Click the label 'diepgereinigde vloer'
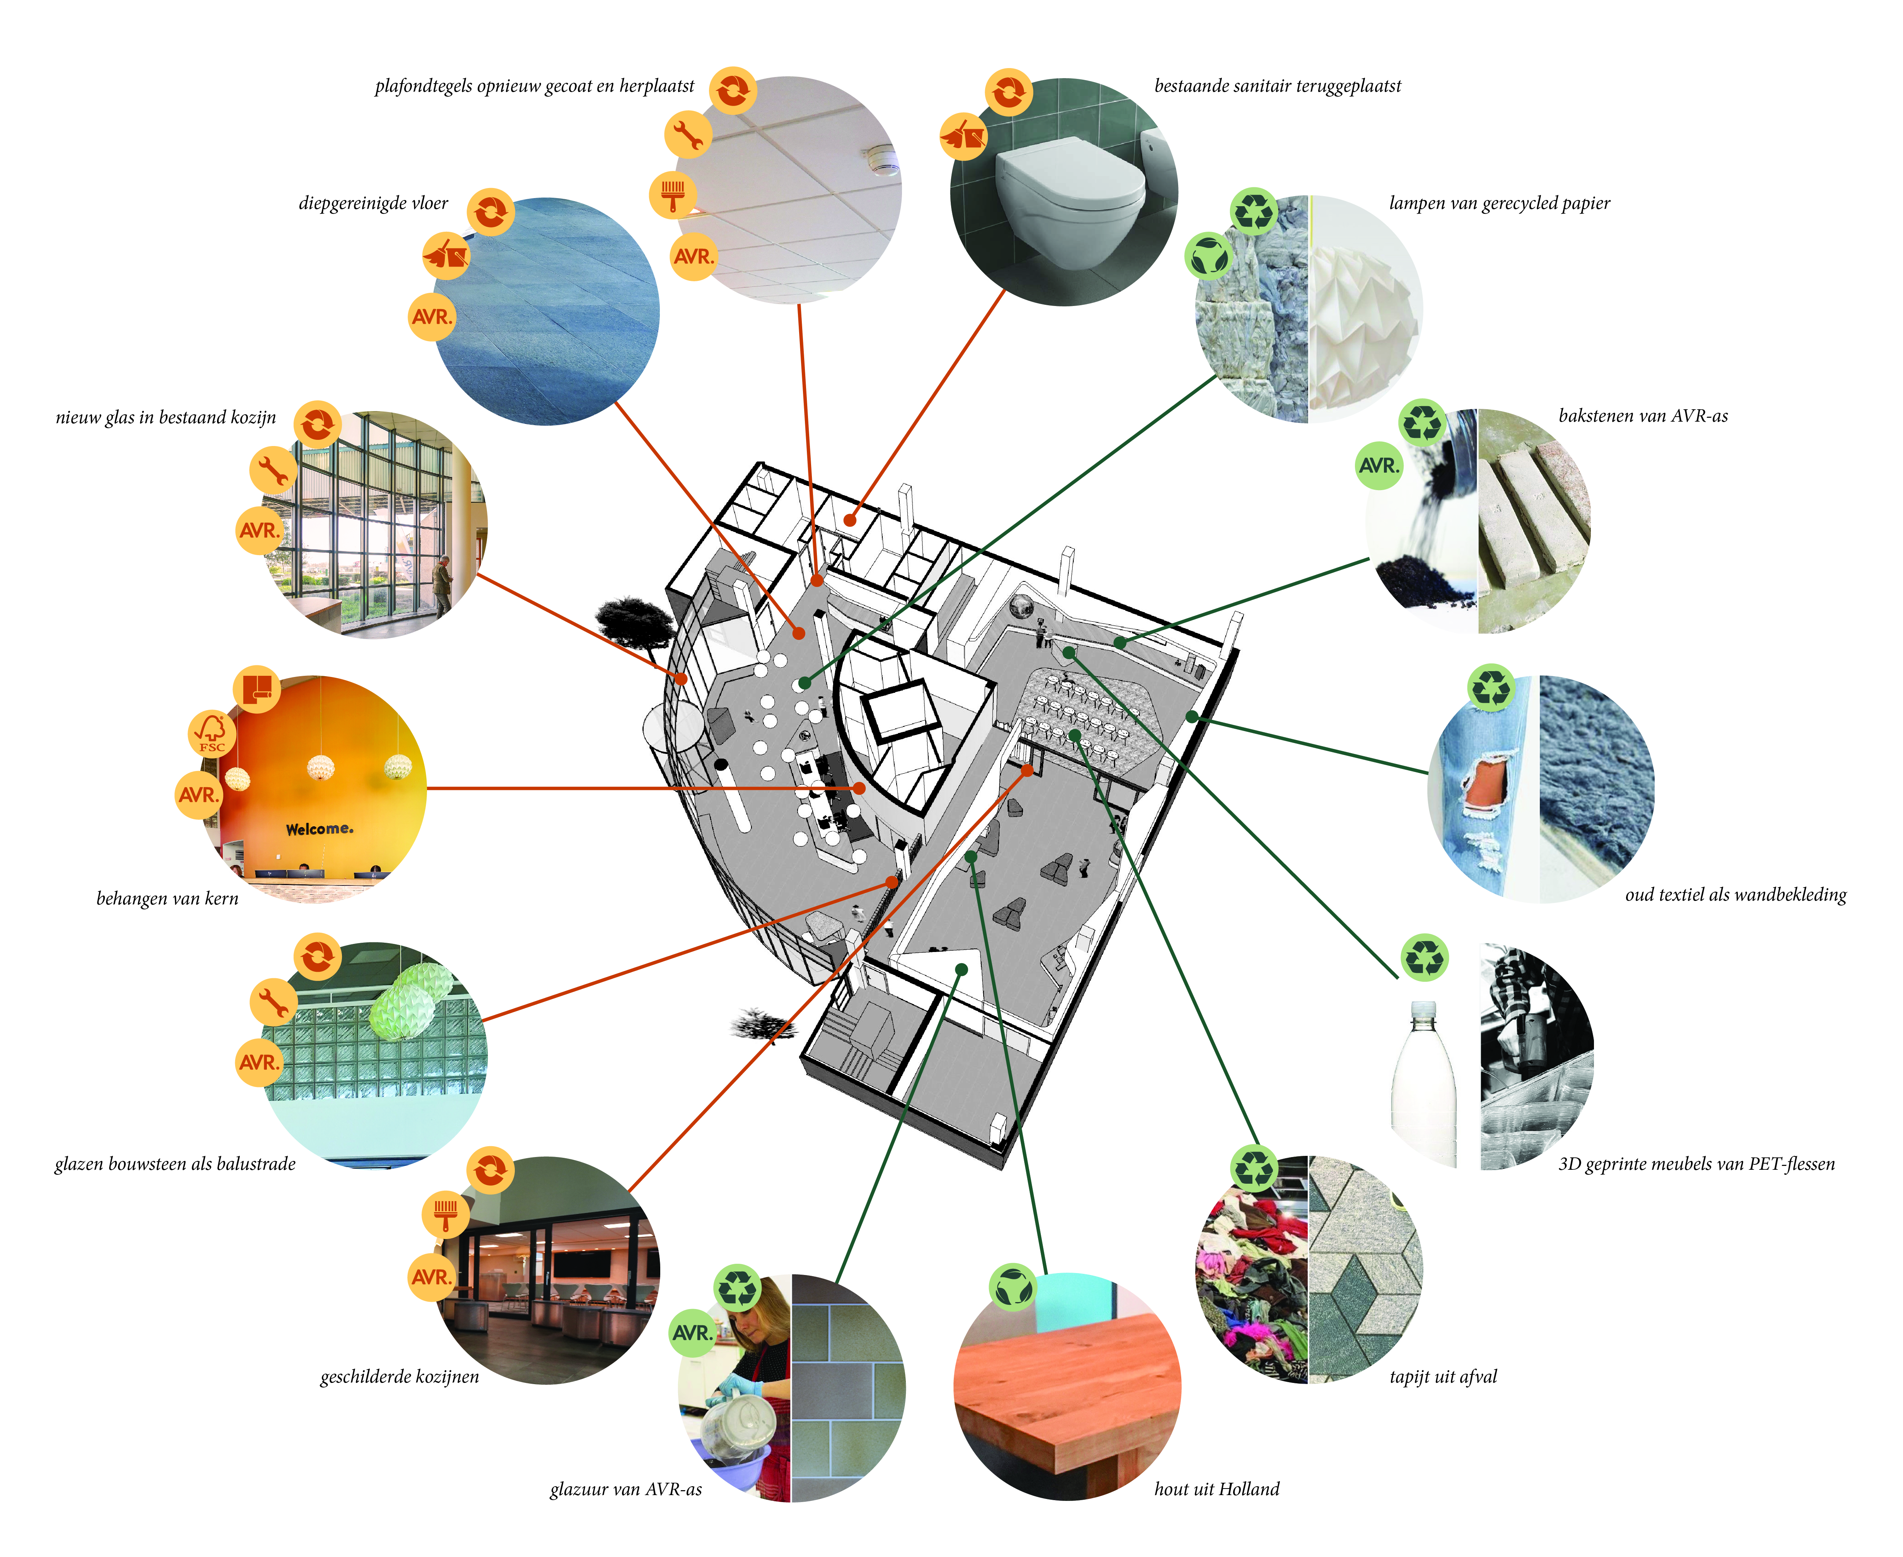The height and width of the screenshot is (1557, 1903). click(373, 203)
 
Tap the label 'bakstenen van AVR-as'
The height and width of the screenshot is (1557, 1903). click(1643, 416)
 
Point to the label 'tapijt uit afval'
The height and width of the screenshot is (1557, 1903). click(1443, 1377)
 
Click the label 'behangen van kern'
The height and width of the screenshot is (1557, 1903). click(168, 899)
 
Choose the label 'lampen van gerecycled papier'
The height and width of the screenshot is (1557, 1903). click(1500, 203)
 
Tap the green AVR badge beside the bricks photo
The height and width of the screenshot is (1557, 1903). click(1379, 465)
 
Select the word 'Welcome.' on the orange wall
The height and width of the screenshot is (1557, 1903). click(319, 830)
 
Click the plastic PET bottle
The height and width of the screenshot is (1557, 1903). click(1423, 1084)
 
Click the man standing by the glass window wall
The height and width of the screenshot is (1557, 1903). click(442, 584)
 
